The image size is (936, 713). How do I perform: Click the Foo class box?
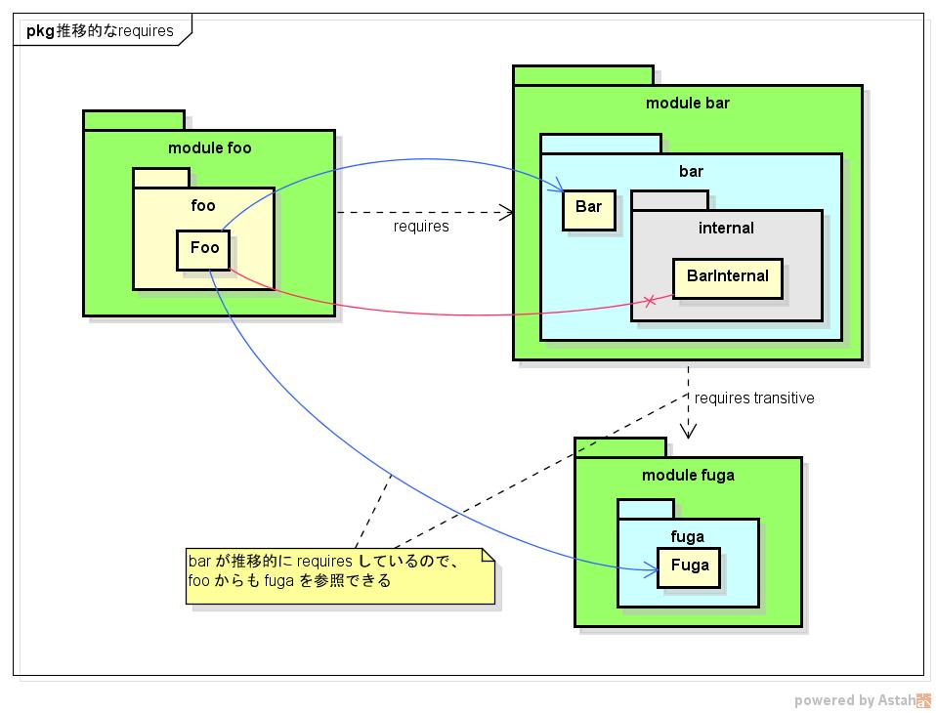click(x=203, y=249)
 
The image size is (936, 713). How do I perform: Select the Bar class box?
click(x=588, y=208)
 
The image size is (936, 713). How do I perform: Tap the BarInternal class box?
click(x=727, y=276)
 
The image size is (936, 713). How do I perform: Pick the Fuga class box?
click(x=689, y=566)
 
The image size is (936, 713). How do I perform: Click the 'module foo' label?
click(x=209, y=148)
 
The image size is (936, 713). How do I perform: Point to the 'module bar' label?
click(x=687, y=104)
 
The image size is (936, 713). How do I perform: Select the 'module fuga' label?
click(x=688, y=476)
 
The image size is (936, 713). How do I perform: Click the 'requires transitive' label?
click(x=753, y=398)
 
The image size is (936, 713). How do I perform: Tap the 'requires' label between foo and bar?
click(x=421, y=227)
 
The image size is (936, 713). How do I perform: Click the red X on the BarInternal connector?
click(x=650, y=300)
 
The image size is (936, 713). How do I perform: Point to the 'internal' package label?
click(x=726, y=229)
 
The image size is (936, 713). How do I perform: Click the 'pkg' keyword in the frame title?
click(x=40, y=30)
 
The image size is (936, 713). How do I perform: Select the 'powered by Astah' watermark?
click(x=860, y=699)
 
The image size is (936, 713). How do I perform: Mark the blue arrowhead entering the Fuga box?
click(x=651, y=569)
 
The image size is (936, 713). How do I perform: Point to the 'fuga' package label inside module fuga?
click(x=688, y=536)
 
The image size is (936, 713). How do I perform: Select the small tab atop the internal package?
click(x=669, y=200)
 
